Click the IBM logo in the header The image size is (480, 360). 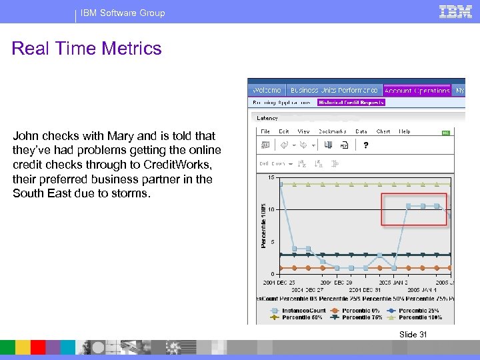456,11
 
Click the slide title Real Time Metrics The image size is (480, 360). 87,49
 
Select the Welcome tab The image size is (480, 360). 267,90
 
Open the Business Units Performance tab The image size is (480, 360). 333,90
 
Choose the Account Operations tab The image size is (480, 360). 417,90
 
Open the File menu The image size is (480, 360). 265,131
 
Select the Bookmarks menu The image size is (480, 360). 333,131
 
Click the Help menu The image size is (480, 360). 405,131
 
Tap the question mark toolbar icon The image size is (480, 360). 366,145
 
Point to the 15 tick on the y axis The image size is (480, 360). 271,177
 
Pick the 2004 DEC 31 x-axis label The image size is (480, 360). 365,290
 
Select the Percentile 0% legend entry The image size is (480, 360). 362,310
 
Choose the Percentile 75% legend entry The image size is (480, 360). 362,317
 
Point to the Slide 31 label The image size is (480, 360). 413,335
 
